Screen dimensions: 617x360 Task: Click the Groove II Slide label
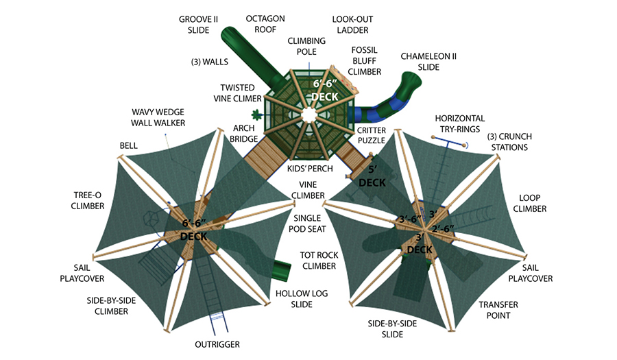[198, 25]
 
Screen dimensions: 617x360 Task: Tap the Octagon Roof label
[265, 24]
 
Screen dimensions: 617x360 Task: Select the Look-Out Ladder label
[352, 25]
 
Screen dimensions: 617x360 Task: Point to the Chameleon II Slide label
[428, 62]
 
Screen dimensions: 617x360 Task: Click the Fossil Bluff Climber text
[365, 61]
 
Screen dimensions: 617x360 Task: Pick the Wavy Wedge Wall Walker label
[158, 118]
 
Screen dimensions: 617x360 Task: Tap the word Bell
[129, 145]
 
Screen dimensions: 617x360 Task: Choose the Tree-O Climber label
[87, 201]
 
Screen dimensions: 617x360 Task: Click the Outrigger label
[217, 345]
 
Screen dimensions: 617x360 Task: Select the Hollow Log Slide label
[302, 299]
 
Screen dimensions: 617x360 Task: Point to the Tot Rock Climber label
[319, 261]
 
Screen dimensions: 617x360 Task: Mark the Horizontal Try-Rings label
[459, 124]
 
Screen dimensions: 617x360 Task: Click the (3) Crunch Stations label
[509, 142]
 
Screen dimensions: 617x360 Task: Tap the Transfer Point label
[498, 310]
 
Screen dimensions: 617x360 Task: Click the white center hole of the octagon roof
[309, 115]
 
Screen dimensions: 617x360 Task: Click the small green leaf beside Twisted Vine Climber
[257, 115]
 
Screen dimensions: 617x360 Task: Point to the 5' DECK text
[372, 177]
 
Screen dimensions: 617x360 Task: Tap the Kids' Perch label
[310, 169]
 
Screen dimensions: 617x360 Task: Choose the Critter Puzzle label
[372, 135]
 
